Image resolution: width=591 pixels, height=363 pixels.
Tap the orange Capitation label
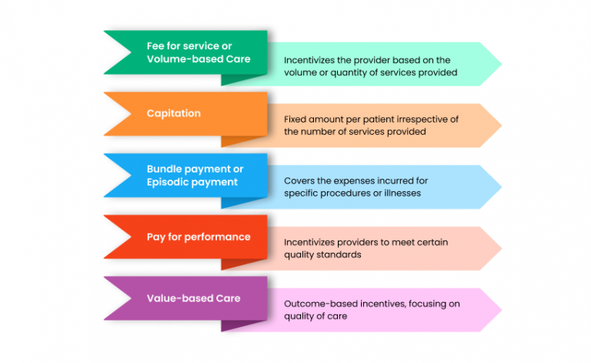[174, 113]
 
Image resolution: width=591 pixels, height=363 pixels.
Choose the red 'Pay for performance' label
[199, 237]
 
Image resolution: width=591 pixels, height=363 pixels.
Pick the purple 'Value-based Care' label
[193, 298]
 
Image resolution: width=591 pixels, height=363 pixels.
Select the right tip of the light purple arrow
[500, 310]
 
